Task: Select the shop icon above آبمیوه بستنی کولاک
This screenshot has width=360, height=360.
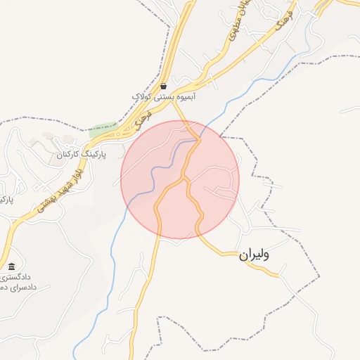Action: (164, 86)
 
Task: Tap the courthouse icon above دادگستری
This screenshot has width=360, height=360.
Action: (11, 266)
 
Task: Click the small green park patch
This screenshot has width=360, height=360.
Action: (103, 130)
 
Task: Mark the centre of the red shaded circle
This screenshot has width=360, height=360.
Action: (180, 179)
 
